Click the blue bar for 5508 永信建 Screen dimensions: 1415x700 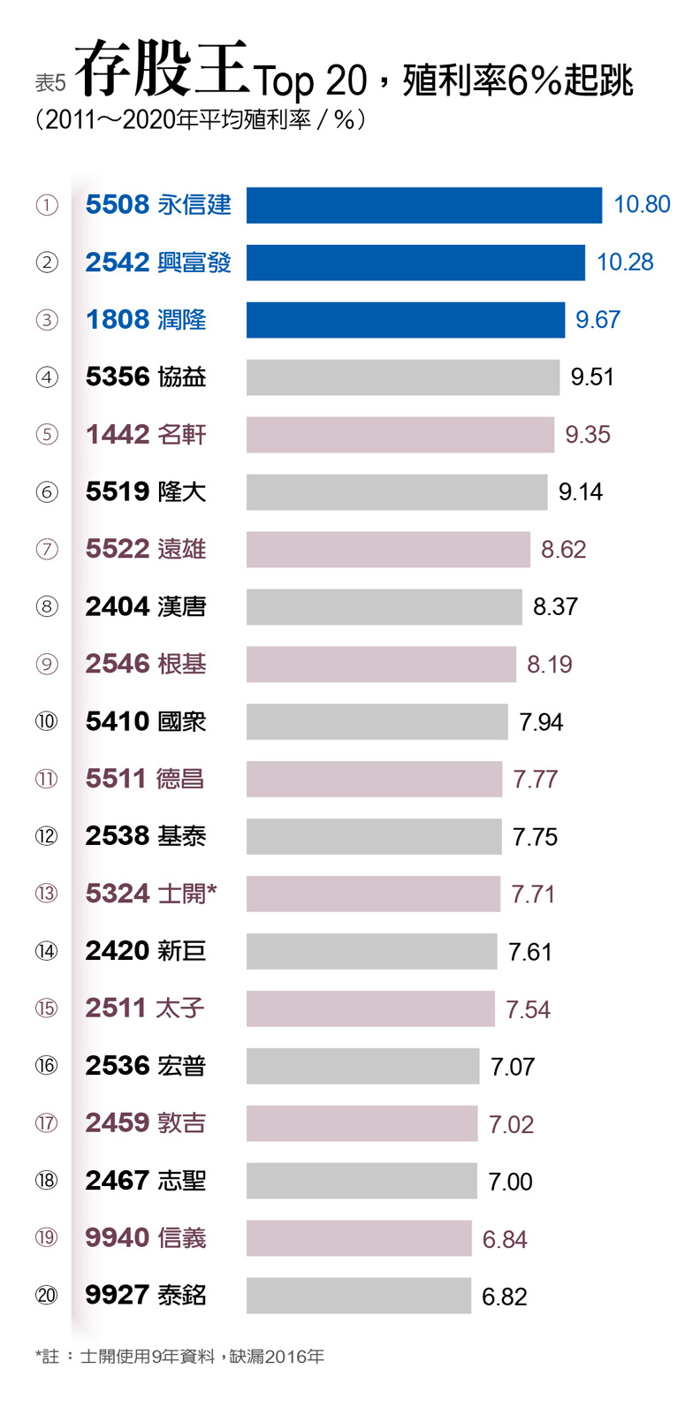point(423,205)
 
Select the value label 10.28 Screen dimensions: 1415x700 point(625,262)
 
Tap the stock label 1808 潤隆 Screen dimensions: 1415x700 point(146,320)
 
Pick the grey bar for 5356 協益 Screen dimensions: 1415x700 point(402,377)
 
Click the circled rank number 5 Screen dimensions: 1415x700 point(47,435)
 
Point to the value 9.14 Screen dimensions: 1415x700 point(581,492)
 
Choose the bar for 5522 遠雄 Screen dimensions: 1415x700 point(388,550)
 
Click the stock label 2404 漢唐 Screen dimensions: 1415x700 point(146,607)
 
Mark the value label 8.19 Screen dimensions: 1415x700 point(549,665)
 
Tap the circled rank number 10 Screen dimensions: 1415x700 point(47,722)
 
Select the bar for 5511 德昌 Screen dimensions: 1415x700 point(374,780)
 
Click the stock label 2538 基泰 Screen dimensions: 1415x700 point(146,837)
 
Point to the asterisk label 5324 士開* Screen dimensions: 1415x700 point(151,894)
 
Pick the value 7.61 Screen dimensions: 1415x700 point(530,952)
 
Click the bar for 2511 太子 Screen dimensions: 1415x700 point(370,1008)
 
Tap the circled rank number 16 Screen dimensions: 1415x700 point(47,1066)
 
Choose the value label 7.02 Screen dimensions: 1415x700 point(511,1124)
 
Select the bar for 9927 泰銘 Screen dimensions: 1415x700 point(358,1296)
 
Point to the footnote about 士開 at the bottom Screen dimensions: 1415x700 point(180,1357)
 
